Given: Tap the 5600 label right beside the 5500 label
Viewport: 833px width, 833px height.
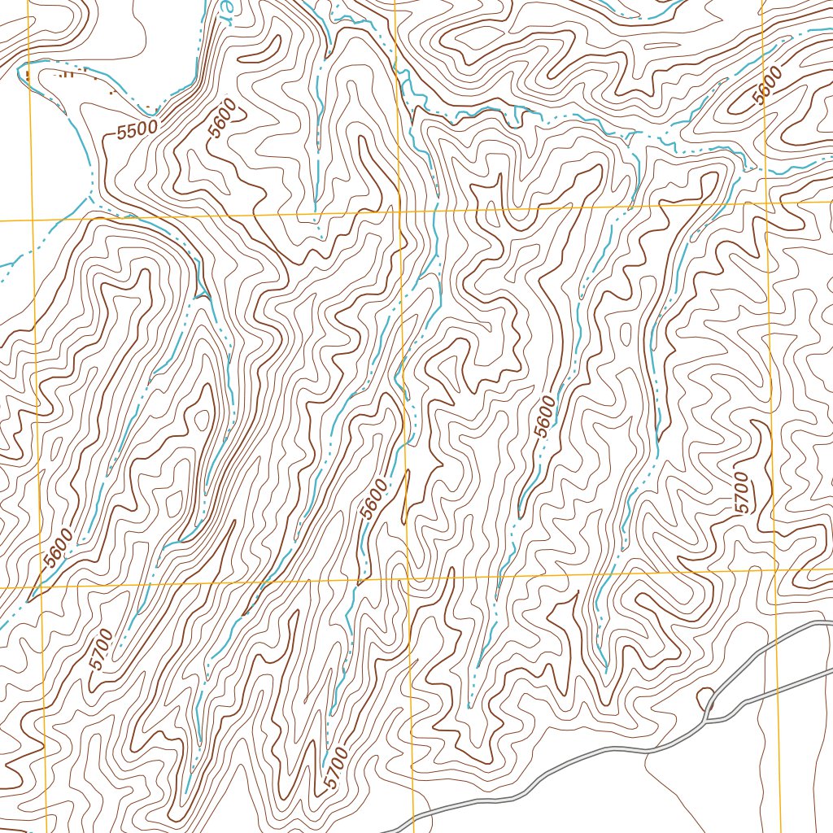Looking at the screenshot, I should (221, 118).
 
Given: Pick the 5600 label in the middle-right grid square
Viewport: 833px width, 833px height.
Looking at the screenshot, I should (546, 416).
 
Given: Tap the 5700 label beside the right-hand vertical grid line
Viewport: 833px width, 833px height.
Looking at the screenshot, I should (741, 492).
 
